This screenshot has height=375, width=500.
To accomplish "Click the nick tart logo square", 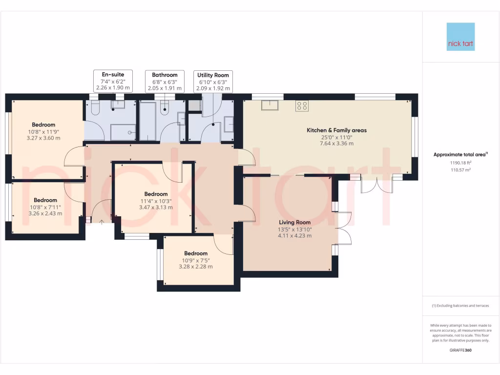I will tap(460, 37).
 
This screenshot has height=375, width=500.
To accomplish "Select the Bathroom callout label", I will tap(165, 82).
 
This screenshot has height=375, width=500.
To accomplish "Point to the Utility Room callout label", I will tap(213, 82).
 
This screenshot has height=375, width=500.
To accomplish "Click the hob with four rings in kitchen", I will tap(302, 105).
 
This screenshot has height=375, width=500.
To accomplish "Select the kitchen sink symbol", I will tap(269, 105).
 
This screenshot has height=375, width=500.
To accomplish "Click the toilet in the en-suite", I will tap(95, 106).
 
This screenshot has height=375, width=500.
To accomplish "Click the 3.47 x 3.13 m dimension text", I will tap(156, 207).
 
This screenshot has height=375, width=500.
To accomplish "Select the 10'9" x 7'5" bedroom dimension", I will tap(195, 260).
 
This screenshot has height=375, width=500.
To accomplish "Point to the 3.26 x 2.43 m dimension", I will tap(45, 213).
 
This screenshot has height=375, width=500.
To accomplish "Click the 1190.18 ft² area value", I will tap(460, 163).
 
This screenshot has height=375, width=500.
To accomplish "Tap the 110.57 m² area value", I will tap(460, 169).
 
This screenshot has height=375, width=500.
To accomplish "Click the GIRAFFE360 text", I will tap(460, 350).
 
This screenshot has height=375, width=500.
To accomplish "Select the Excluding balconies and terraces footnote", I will tap(460, 306).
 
